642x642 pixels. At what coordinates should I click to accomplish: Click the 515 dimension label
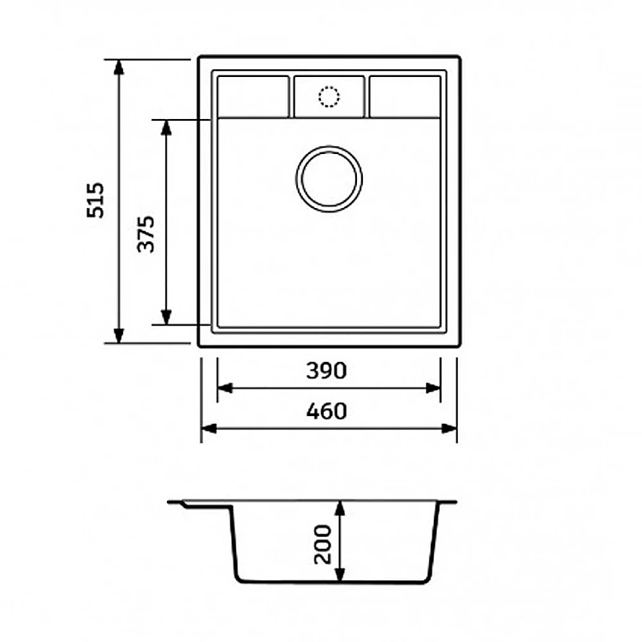(x=95, y=199)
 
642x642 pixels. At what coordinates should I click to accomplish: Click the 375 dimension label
(x=146, y=234)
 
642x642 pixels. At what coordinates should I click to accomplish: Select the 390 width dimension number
(x=326, y=371)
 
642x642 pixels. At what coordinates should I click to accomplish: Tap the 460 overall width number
(x=326, y=411)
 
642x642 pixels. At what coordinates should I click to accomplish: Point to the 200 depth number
(x=323, y=544)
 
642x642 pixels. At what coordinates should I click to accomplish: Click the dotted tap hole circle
(x=330, y=97)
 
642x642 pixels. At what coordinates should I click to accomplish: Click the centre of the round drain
(x=330, y=179)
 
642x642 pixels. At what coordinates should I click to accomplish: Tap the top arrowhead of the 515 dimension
(x=119, y=67)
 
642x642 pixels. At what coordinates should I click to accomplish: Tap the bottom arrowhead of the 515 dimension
(x=119, y=336)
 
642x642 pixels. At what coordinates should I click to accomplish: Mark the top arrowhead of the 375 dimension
(x=166, y=128)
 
